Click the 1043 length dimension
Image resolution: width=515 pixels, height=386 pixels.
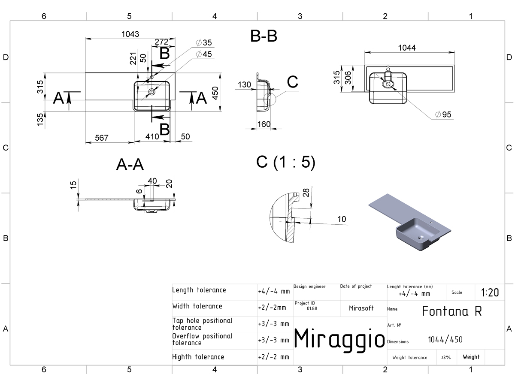tap(130, 34)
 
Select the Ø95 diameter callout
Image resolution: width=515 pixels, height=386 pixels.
tap(443, 115)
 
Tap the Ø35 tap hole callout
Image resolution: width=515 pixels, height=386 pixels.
tap(204, 42)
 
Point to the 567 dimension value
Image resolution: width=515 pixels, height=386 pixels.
tap(102, 138)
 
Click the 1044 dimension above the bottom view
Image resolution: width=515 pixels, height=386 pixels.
tap(407, 48)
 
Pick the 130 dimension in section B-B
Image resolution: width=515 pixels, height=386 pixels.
tap(244, 84)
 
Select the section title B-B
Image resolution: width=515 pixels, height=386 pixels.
tap(264, 36)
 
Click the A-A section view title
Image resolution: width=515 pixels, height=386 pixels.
tap(130, 164)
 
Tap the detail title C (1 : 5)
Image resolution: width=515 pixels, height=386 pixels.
tap(286, 162)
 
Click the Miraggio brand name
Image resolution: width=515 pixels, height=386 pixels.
tap(339, 339)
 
